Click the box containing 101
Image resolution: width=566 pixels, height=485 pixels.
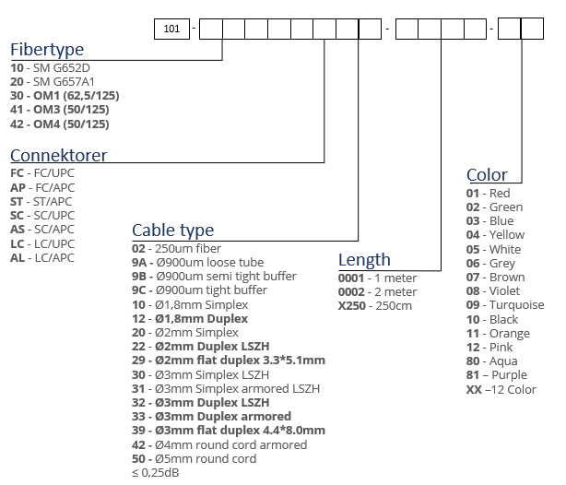click(x=171, y=29)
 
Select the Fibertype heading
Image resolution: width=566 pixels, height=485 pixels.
click(x=47, y=50)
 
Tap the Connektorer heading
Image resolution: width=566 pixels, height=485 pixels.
click(x=58, y=156)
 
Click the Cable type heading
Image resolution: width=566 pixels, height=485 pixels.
click(x=173, y=231)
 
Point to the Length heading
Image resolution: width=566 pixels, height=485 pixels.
click(x=364, y=260)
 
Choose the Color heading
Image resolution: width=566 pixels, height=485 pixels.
click(x=487, y=175)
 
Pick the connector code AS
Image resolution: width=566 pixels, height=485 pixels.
click(x=18, y=230)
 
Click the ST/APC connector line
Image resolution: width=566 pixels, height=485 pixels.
click(x=41, y=202)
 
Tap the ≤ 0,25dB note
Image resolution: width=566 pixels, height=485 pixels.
click(x=156, y=472)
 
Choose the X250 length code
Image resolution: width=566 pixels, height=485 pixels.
click(x=352, y=306)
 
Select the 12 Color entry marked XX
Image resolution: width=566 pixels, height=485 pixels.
click(x=501, y=390)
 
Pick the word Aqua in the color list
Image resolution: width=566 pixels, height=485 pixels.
click(x=503, y=361)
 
